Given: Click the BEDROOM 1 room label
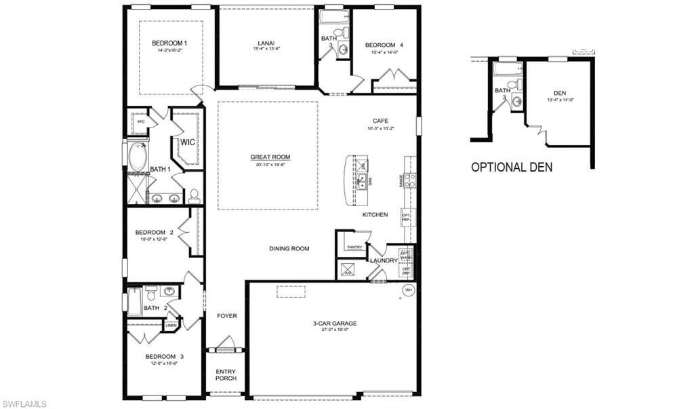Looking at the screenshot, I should [169, 43].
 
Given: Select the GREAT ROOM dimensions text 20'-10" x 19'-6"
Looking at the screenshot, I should [270, 165].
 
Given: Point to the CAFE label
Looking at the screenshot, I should [380, 121].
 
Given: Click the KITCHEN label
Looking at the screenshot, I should [375, 215].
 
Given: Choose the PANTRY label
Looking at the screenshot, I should [354, 248].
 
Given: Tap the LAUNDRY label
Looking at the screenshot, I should [384, 260].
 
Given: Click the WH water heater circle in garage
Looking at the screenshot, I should [408, 290].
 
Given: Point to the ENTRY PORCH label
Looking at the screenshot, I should [226, 374].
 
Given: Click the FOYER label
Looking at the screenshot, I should [226, 316].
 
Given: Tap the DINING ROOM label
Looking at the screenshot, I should [289, 249].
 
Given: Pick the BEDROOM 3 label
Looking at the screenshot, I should [164, 356].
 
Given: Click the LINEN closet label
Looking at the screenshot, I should [172, 326].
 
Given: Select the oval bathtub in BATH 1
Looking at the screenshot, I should [138, 157].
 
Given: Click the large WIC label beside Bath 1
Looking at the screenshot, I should [187, 142].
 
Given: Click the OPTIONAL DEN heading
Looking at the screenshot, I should [512, 167].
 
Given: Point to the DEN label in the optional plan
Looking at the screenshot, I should [560, 93].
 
